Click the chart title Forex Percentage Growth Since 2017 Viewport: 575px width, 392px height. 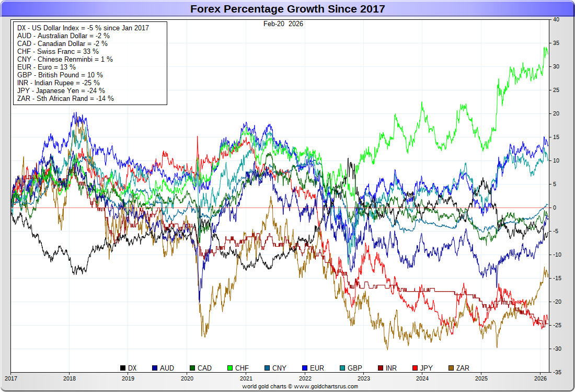pyautogui.click(x=287, y=9)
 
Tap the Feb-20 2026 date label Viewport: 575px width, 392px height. pyautogui.click(x=283, y=24)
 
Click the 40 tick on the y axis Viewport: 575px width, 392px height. pyautogui.click(x=556, y=19)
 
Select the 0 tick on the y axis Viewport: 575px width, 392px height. pyautogui.click(x=555, y=207)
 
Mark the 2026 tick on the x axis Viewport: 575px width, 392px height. pyautogui.click(x=540, y=378)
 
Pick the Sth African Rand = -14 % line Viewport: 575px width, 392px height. pyautogui.click(x=65, y=98)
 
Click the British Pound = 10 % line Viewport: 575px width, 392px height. pyautogui.click(x=60, y=75)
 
